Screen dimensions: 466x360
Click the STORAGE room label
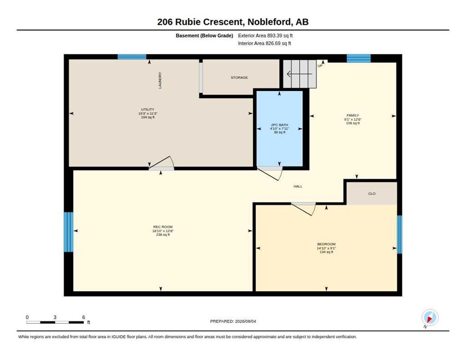[239, 78]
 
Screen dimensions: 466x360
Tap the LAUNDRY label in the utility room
[160, 80]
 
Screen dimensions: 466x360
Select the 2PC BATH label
[279, 125]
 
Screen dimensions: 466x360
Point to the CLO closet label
[372, 194]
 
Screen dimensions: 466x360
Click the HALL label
[298, 187]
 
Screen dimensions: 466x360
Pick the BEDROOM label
[326, 244]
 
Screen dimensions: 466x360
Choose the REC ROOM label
[163, 227]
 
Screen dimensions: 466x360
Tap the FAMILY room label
[353, 115]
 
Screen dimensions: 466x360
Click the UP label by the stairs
[320, 66]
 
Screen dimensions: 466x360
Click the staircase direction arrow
[299, 74]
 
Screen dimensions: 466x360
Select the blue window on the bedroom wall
[399, 234]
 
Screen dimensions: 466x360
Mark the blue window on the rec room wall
[68, 232]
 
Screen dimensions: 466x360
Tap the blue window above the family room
[359, 58]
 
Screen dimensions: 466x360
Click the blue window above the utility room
[132, 57]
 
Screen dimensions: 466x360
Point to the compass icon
[430, 318]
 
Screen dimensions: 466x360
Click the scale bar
[55, 322]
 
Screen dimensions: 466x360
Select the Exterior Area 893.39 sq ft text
[265, 36]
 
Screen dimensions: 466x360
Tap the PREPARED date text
[233, 322]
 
